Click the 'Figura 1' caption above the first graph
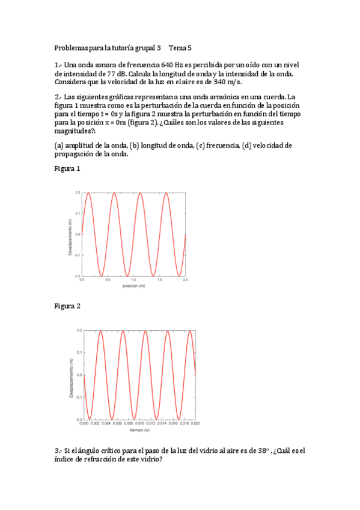67,169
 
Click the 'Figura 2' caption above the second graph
67,306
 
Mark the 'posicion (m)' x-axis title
133,286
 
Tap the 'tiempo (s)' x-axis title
139,430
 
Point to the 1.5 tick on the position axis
159,280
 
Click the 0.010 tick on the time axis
139,424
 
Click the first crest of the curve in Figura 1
88,193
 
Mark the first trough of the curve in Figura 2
90,419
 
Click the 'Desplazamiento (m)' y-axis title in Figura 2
71,375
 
